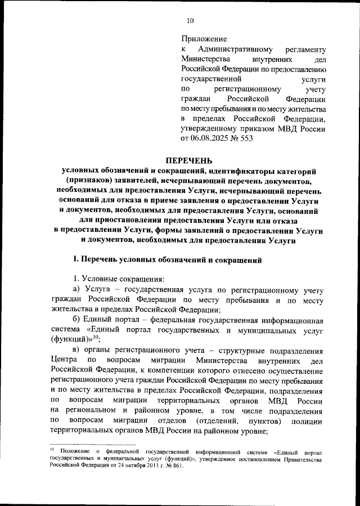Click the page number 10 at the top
[x=190, y=21]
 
